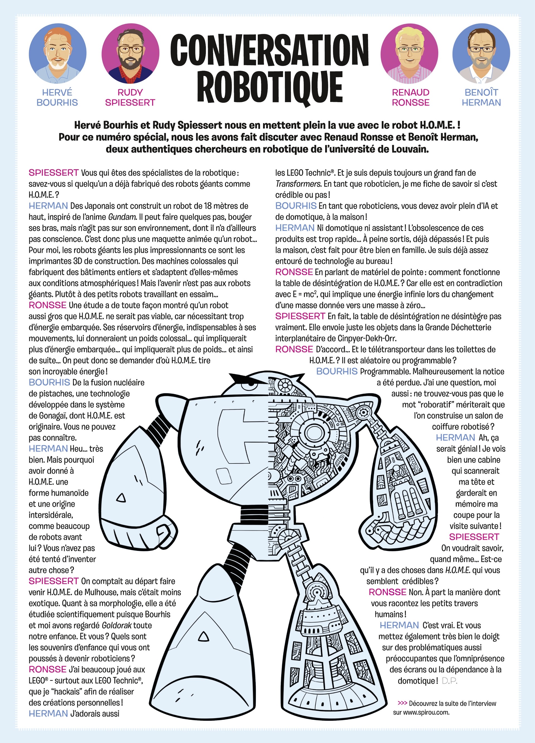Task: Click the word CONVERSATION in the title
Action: point(269,50)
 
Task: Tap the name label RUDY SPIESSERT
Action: point(130,98)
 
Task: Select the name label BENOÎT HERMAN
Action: point(481,98)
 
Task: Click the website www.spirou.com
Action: point(421,712)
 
